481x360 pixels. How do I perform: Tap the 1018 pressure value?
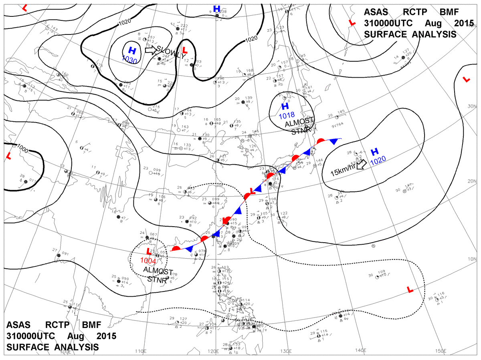(287, 115)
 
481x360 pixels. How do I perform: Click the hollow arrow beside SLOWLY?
(150, 50)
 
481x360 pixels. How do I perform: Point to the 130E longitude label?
(285, 351)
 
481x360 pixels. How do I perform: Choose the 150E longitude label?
(440, 351)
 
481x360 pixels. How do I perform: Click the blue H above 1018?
(285, 107)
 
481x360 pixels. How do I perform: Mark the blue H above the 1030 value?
(131, 50)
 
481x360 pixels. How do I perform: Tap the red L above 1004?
(149, 251)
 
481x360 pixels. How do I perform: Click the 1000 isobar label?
(23, 149)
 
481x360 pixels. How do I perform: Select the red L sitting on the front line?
(252, 191)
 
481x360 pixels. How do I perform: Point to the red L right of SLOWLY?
(185, 50)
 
